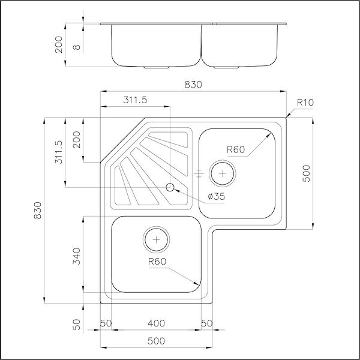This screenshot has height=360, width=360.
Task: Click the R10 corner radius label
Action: tap(305, 103)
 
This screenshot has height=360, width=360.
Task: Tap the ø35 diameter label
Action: tap(215, 196)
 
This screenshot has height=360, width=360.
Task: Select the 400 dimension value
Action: tap(156, 323)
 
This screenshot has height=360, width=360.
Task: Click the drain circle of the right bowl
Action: tap(223, 173)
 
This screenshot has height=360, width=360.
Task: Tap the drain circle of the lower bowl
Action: tap(156, 239)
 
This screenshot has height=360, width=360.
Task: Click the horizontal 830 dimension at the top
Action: tap(192, 85)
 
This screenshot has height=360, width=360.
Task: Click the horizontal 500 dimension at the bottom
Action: tap(156, 341)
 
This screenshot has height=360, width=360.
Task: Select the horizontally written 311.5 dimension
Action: tap(136, 100)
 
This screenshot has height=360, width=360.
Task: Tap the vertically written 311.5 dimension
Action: tap(58, 153)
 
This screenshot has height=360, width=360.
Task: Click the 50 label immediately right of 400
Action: tap(207, 323)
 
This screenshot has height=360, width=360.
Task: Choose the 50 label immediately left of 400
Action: tap(106, 323)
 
